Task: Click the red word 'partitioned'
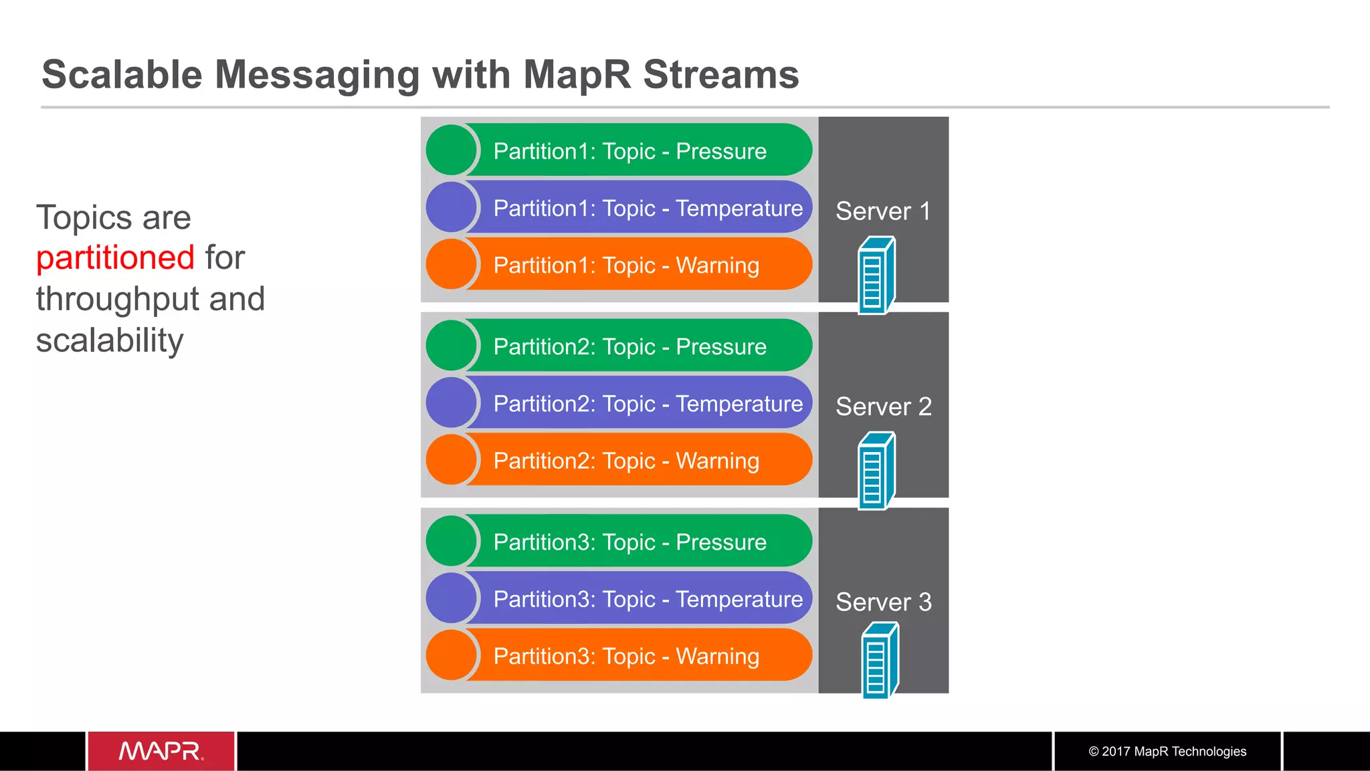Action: click(x=115, y=258)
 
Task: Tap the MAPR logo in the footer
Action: click(x=161, y=751)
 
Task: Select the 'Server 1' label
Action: click(x=883, y=211)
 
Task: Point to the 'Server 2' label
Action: click(x=883, y=407)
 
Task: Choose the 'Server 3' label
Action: click(x=883, y=602)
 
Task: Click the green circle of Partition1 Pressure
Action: click(x=452, y=150)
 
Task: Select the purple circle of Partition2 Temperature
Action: click(x=452, y=403)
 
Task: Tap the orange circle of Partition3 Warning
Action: click(x=452, y=655)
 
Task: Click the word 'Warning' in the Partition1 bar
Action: click(x=717, y=265)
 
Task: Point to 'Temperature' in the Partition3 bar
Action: click(x=739, y=599)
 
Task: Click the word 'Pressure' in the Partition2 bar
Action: click(x=720, y=346)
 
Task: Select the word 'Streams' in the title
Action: click(x=720, y=74)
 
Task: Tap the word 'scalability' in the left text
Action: click(x=110, y=341)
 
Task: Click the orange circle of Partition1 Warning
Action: click(x=452, y=264)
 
